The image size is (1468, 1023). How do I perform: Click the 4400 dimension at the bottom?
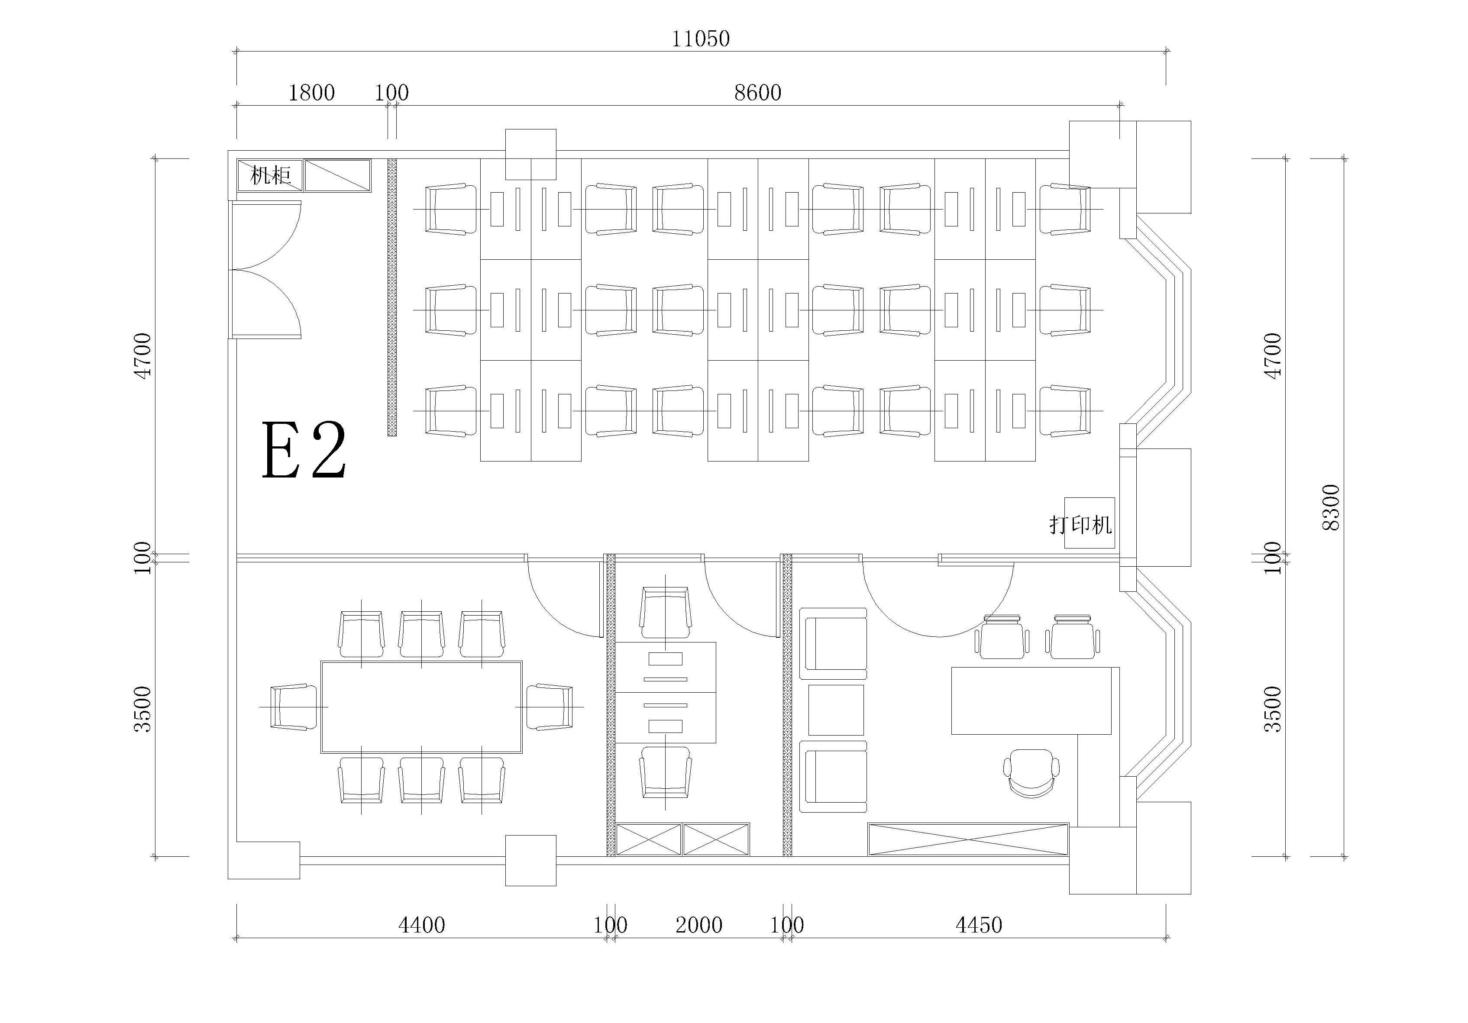pos(421,925)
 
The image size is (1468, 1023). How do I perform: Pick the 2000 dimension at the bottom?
pos(699,925)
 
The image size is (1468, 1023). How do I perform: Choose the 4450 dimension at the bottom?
pos(979,925)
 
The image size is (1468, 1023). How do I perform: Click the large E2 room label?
pos(304,450)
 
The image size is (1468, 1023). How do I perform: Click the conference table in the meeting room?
pos(421,707)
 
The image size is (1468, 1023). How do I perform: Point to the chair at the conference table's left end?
pos(294,707)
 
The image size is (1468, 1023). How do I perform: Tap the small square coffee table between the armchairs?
pos(836,710)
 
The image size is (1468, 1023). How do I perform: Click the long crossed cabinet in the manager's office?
pos(968,839)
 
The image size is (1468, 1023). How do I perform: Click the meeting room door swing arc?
pos(563,604)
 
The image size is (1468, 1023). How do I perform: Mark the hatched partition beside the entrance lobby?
pos(392,298)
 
